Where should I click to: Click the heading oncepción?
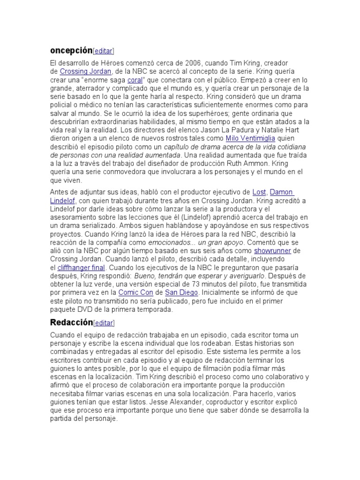71,50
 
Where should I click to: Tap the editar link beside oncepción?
104,51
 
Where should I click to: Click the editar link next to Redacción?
104,322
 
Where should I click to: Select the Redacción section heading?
71,322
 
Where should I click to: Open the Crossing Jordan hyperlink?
86,71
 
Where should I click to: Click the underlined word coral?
135,80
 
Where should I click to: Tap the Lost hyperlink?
259,192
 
